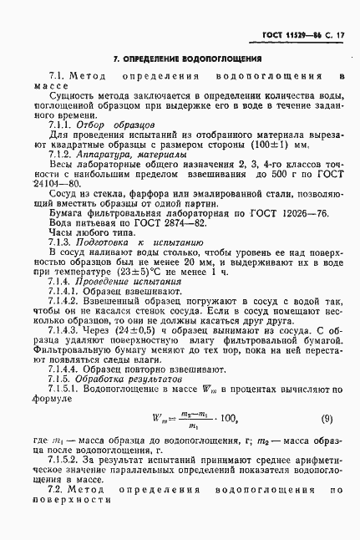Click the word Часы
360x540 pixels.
pyautogui.click(x=63, y=235)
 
